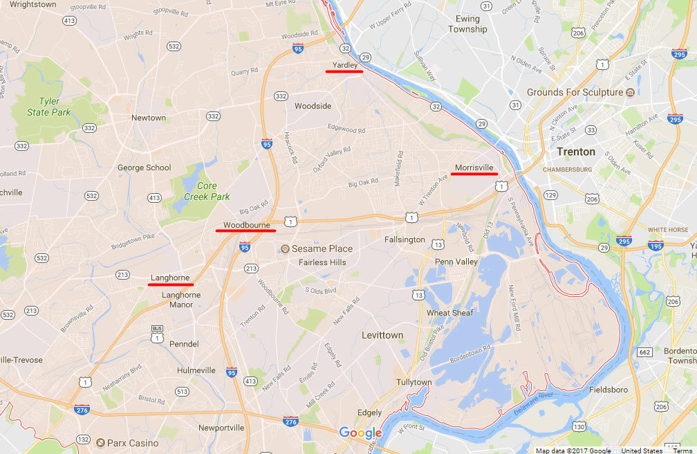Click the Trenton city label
coord(575,152)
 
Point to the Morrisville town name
coord(474,167)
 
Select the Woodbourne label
coord(246,225)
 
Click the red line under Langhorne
coord(171,284)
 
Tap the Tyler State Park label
coord(49,107)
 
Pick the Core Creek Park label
coord(207,191)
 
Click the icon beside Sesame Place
coord(284,249)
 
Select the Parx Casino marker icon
coord(101,443)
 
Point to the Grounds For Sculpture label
coord(575,92)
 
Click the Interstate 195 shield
coord(656,245)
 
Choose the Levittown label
coord(382,335)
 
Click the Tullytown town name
coord(414,382)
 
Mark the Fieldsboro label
coord(608,390)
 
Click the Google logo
coord(360,433)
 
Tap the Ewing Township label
coord(467,24)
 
